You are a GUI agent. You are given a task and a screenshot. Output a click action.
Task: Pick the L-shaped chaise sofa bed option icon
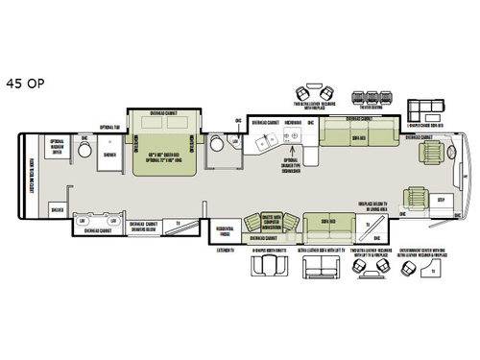426,107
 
